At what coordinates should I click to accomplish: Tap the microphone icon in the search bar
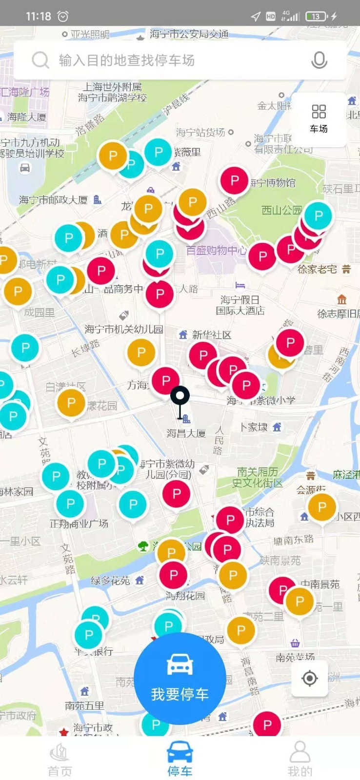[x=319, y=60]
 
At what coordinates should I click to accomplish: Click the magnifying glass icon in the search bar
[x=40, y=60]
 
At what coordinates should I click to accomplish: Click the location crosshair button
[x=309, y=678]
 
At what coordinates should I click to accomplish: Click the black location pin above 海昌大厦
[x=180, y=397]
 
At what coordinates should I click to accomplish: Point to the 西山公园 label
[x=281, y=210]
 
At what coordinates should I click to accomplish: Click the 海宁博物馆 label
[x=273, y=183]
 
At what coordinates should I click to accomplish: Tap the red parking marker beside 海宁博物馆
[x=235, y=180]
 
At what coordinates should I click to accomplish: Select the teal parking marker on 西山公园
[x=319, y=215]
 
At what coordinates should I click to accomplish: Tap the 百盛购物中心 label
[x=216, y=251]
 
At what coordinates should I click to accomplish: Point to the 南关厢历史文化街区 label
[x=257, y=477]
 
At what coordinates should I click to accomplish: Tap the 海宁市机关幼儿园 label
[x=124, y=329]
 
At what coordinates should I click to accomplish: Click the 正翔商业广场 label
[x=79, y=524]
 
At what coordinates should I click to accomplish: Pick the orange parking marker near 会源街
[x=321, y=507]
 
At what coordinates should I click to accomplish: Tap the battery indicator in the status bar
[x=316, y=17]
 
